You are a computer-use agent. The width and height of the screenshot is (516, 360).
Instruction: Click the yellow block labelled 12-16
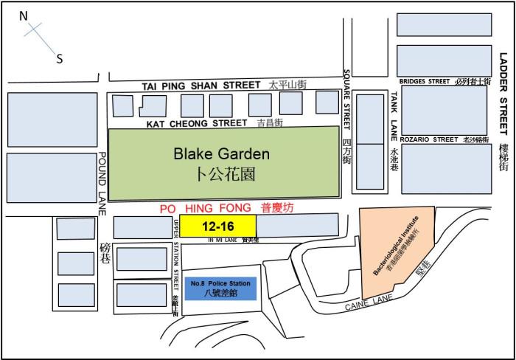pos(218,225)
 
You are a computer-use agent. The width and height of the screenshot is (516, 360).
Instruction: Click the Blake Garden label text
pos(222,154)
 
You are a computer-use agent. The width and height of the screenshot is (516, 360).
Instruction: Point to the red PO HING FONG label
pos(195,208)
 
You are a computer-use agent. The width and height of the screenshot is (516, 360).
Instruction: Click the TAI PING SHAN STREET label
pos(201,86)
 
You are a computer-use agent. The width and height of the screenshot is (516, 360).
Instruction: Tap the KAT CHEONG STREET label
pos(196,123)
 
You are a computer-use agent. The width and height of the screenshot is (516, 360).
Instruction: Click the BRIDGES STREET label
pos(424,82)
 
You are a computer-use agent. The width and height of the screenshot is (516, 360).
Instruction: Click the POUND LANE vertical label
pos(103,184)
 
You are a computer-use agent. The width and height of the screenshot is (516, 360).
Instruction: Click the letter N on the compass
pos(24,15)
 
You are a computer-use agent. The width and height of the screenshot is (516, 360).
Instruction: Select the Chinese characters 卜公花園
pos(222,175)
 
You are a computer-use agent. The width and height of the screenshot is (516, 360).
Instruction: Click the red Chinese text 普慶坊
pos(277,208)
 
